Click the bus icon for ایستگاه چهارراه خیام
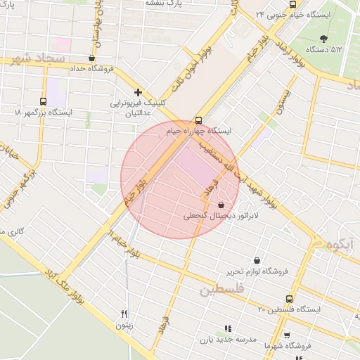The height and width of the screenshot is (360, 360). point(198,120)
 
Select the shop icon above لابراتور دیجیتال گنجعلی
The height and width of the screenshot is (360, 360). point(212,205)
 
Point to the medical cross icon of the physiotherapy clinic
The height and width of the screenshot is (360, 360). point(138,92)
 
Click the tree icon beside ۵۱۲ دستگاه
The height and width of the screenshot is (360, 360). point(323,39)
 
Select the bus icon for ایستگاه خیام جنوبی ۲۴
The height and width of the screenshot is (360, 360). point(292,4)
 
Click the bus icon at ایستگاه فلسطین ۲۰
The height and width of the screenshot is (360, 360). point(288,299)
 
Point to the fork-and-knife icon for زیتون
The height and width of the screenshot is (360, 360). point(124,314)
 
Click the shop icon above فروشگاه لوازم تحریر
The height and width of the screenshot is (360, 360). point(257,260)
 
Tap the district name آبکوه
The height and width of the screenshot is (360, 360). point(340,245)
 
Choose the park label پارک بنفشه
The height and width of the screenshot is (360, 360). point(163,3)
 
